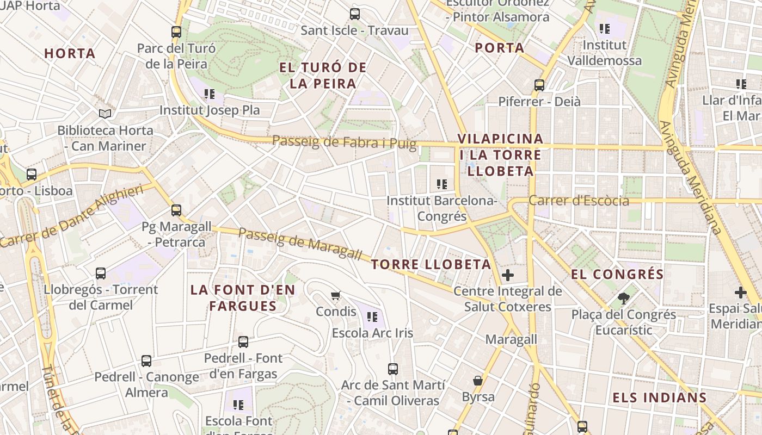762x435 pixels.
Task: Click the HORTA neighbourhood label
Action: [70, 53]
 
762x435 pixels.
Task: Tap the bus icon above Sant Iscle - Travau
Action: [355, 14]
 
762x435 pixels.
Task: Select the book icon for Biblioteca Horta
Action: [105, 114]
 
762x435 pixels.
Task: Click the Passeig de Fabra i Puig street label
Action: [344, 142]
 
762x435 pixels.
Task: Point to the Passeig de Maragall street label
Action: [300, 244]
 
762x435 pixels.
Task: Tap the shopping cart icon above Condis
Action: [336, 295]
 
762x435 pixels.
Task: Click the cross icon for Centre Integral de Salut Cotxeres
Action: [508, 275]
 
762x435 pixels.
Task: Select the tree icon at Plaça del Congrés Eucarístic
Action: [623, 298]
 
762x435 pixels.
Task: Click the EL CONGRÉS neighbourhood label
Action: [617, 274]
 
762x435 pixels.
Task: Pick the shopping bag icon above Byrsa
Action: [478, 380]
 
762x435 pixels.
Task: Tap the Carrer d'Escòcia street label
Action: [579, 201]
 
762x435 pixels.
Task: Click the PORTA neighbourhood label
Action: [499, 48]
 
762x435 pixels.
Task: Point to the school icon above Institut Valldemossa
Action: [604, 28]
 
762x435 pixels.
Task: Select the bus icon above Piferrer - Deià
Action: [539, 85]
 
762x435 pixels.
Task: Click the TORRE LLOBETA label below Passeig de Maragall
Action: [431, 265]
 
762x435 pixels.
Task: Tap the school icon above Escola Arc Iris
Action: [372, 316]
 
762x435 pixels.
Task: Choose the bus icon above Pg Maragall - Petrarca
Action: [176, 210]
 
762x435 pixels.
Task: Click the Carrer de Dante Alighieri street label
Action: [72, 215]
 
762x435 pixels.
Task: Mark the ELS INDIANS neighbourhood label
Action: [659, 397]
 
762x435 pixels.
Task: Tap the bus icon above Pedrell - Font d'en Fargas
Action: [243, 342]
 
